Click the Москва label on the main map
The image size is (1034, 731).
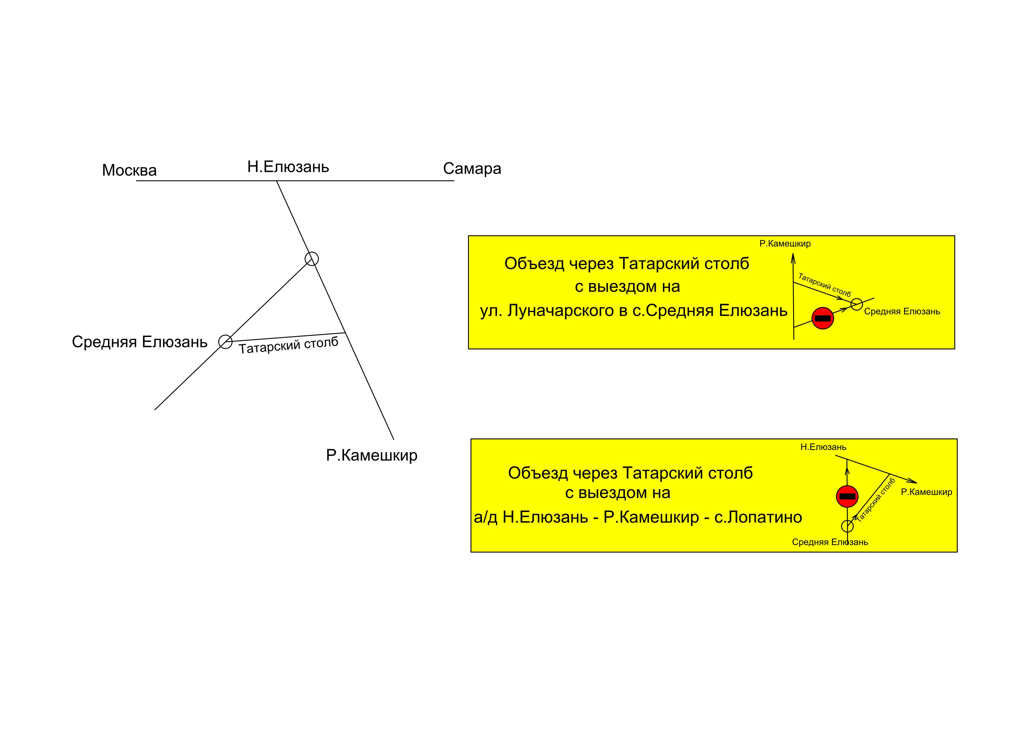129,170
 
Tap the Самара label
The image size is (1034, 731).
472,168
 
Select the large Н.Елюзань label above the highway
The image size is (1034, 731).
288,167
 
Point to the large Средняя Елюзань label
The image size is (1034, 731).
140,342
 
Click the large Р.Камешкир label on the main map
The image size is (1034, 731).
371,455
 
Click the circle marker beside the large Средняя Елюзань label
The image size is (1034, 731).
225,342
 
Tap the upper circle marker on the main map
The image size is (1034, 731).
312,259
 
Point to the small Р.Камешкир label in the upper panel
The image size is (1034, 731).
785,244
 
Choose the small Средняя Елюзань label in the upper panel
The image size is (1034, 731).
902,311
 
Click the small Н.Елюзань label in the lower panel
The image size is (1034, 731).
823,447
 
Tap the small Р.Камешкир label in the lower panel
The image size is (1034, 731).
926,492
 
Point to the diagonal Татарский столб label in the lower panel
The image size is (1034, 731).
875,500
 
